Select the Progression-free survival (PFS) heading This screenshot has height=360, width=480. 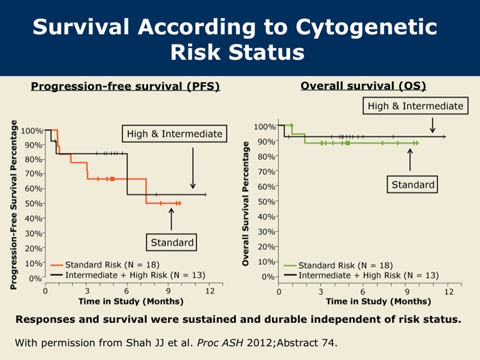[125, 87]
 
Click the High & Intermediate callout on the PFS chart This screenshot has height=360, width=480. [174, 134]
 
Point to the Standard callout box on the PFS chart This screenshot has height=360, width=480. [171, 242]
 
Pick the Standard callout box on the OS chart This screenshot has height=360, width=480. [413, 184]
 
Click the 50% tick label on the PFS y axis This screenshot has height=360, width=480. [33, 204]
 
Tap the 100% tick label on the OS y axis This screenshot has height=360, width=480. [265, 127]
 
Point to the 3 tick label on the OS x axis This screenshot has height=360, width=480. [320, 291]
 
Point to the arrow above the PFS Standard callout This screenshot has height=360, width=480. [171, 219]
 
